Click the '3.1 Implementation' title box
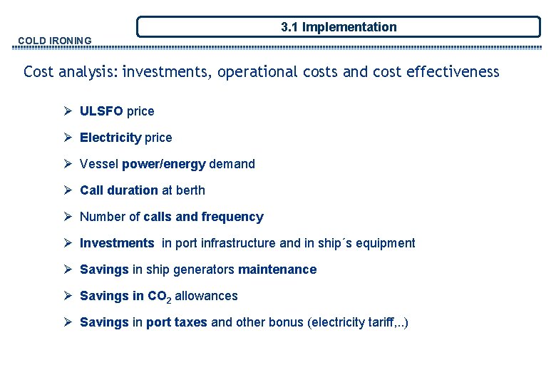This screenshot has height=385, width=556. [339, 27]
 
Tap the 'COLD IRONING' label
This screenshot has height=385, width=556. [55, 41]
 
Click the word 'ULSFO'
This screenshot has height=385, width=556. [101, 111]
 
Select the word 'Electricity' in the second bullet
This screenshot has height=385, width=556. [110, 138]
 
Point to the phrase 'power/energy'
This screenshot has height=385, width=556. [163, 164]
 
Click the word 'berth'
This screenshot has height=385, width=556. [190, 190]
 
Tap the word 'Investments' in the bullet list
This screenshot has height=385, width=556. [117, 243]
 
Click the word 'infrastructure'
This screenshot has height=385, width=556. [238, 243]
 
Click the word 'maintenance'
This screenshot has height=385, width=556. [277, 269]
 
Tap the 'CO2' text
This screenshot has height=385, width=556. [159, 297]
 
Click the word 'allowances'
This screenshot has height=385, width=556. [206, 296]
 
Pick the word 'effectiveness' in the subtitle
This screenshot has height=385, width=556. [453, 72]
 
